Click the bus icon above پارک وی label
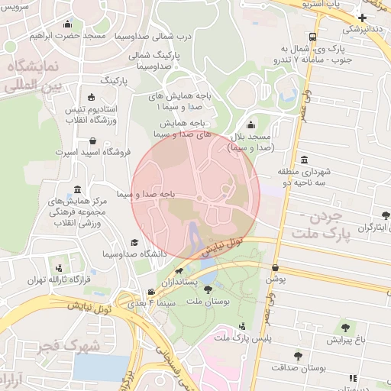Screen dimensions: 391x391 click(x=313, y=37)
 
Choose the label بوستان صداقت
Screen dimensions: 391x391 click(x=309, y=367)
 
